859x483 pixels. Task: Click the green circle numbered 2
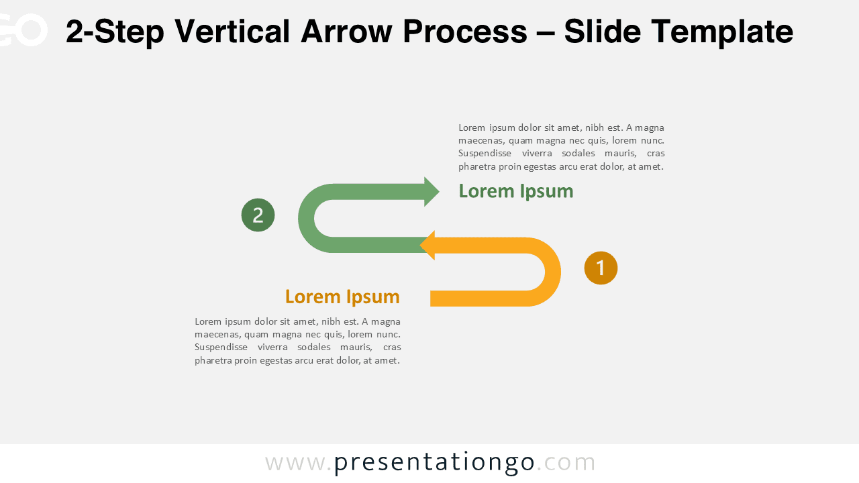[258, 215]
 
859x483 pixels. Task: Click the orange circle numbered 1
[601, 268]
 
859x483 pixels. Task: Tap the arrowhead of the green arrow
[432, 192]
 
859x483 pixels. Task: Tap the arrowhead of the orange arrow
[427, 246]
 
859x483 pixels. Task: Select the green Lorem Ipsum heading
[515, 191]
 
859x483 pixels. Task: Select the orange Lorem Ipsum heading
[342, 297]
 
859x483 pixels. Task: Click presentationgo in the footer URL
[434, 462]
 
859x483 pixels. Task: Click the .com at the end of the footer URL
[566, 462]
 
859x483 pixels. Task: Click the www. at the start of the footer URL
[298, 462]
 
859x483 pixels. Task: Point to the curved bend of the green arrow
[307, 218]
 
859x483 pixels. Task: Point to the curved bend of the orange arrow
[552, 272]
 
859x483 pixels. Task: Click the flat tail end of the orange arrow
[434, 299]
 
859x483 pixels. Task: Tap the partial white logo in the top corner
[23, 30]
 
